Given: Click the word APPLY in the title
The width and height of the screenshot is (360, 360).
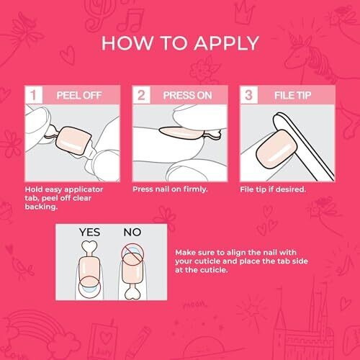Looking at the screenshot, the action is (226, 43).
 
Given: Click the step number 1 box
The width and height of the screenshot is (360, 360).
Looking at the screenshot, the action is (34, 95).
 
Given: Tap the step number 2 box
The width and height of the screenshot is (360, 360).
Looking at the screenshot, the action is (141, 95).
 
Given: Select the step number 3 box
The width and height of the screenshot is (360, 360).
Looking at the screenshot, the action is (249, 95).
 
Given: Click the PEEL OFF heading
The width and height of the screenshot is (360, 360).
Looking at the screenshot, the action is (79, 96).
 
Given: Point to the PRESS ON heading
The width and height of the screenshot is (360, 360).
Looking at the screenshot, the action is (187, 96).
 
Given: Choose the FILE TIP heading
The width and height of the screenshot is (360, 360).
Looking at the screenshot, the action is (292, 96).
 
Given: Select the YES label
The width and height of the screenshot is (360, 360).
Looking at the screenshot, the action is (89, 233).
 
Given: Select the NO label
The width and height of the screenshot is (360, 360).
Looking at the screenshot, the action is (132, 233).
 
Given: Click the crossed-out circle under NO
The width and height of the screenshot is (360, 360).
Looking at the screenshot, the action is (132, 255).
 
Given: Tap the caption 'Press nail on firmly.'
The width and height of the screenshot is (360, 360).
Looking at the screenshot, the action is (170, 189).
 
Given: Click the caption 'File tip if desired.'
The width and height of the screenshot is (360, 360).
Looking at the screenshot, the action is (273, 189).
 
